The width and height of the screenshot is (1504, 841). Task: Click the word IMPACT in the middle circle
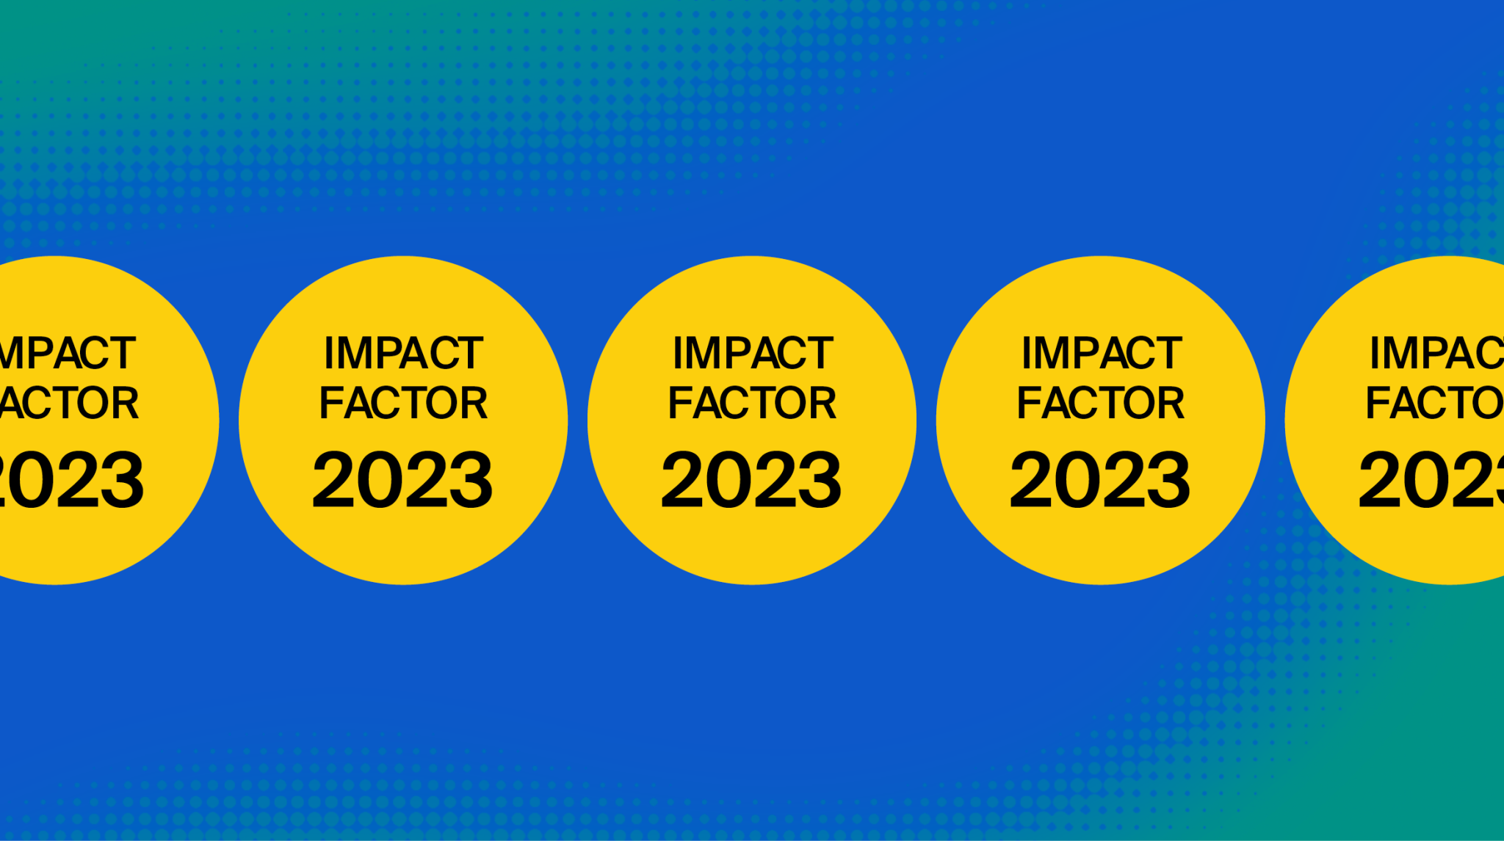752,353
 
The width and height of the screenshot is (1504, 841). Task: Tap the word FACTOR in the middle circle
752,403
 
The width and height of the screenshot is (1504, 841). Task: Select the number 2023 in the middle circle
751,480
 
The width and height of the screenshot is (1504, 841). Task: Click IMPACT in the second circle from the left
403,353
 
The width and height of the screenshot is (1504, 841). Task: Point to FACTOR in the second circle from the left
403,403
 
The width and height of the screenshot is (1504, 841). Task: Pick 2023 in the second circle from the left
402,480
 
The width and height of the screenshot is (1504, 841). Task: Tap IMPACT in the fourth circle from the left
1101,353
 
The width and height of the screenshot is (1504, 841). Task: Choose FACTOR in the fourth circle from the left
1101,403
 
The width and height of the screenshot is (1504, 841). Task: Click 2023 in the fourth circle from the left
1100,480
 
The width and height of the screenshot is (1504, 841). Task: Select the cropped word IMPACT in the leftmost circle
68,353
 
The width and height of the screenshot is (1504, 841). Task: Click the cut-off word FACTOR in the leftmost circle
69,403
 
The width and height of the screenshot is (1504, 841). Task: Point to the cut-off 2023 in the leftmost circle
72,480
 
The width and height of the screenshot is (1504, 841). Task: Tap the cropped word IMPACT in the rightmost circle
1437,353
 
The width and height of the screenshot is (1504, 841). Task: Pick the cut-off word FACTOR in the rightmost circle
1435,403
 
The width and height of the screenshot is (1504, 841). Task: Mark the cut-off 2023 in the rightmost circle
1431,480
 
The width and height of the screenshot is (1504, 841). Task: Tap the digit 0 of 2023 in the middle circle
729,480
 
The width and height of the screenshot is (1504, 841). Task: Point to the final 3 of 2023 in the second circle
471,480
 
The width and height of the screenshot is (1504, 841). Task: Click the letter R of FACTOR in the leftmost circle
124,403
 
